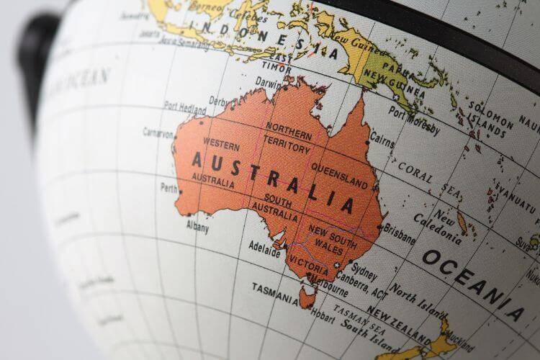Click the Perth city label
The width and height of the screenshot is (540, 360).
pyautogui.click(x=168, y=188)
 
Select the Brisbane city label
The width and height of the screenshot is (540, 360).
pyautogui.click(x=400, y=233)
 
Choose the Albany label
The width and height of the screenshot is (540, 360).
pyautogui.click(x=197, y=228)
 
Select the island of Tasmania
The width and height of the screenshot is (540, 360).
pyautogui.click(x=307, y=294)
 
